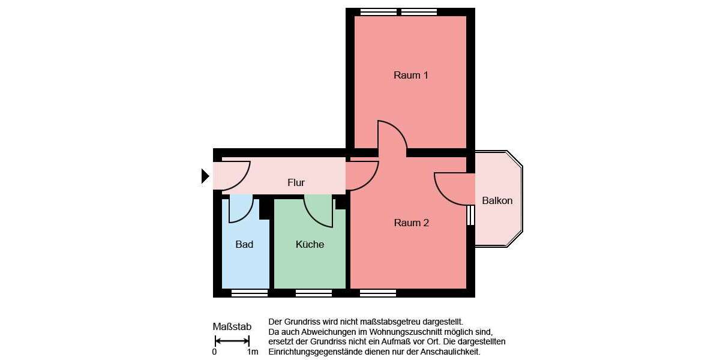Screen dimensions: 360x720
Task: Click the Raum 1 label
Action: (x=411, y=76)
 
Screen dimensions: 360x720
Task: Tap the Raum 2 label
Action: (x=411, y=223)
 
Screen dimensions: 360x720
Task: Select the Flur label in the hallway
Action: (x=296, y=183)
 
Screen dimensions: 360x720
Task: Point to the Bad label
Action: (x=244, y=244)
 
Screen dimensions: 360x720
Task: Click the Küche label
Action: (x=310, y=244)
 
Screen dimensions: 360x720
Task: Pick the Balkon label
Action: (x=497, y=200)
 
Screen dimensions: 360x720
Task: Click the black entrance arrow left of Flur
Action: (x=205, y=176)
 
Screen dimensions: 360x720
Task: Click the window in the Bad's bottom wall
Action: (x=250, y=293)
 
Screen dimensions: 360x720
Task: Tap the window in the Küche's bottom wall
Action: (x=313, y=293)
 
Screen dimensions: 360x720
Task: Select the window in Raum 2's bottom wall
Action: (x=378, y=293)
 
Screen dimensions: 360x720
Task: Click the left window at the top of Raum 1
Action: (x=378, y=11)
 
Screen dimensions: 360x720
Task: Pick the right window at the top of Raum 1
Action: (x=419, y=11)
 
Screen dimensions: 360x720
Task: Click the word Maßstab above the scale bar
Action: (x=232, y=327)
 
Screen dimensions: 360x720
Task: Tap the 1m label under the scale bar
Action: (x=253, y=352)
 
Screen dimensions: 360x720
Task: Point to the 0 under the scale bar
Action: (x=214, y=352)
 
